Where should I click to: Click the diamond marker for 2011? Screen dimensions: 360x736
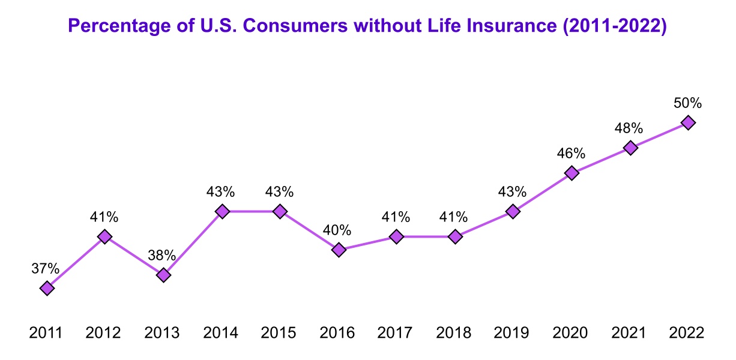click(47, 288)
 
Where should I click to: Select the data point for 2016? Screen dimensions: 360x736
click(339, 250)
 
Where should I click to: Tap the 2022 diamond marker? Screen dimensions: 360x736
click(688, 122)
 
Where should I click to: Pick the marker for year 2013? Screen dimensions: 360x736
click(163, 275)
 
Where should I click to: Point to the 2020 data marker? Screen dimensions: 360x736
click(572, 173)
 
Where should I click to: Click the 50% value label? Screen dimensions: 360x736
click(688, 103)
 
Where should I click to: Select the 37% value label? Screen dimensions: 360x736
click(46, 269)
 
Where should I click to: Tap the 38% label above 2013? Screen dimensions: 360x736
click(162, 256)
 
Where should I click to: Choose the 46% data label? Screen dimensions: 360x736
click(571, 154)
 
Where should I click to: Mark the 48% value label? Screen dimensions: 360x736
click(629, 128)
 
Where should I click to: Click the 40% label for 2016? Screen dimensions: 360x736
click(338, 230)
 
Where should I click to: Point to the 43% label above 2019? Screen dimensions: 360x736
click(512, 192)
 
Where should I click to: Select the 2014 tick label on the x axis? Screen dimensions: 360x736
click(222, 332)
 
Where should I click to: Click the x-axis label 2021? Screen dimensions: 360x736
click(630, 332)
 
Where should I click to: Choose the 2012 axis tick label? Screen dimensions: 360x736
click(104, 332)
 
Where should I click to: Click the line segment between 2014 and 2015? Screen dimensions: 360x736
click(251, 211)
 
